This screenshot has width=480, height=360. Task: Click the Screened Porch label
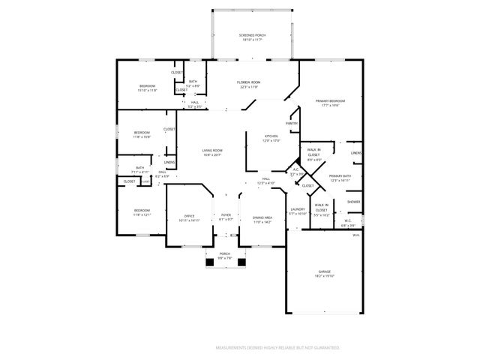(251, 35)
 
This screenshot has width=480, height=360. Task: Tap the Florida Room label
(249, 82)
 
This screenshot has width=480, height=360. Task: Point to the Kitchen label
(271, 136)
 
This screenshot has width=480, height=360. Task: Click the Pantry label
(292, 123)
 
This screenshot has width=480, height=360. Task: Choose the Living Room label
(212, 150)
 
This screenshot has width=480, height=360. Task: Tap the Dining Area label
(262, 218)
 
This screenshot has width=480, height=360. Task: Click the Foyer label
(226, 216)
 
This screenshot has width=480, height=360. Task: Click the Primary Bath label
(340, 176)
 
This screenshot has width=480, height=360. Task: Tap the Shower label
(353, 202)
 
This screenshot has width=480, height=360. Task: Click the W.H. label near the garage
(356, 235)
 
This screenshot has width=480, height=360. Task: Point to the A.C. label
(295, 169)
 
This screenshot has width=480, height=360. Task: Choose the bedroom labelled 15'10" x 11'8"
(147, 86)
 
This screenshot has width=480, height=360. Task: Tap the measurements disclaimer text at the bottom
(277, 348)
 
